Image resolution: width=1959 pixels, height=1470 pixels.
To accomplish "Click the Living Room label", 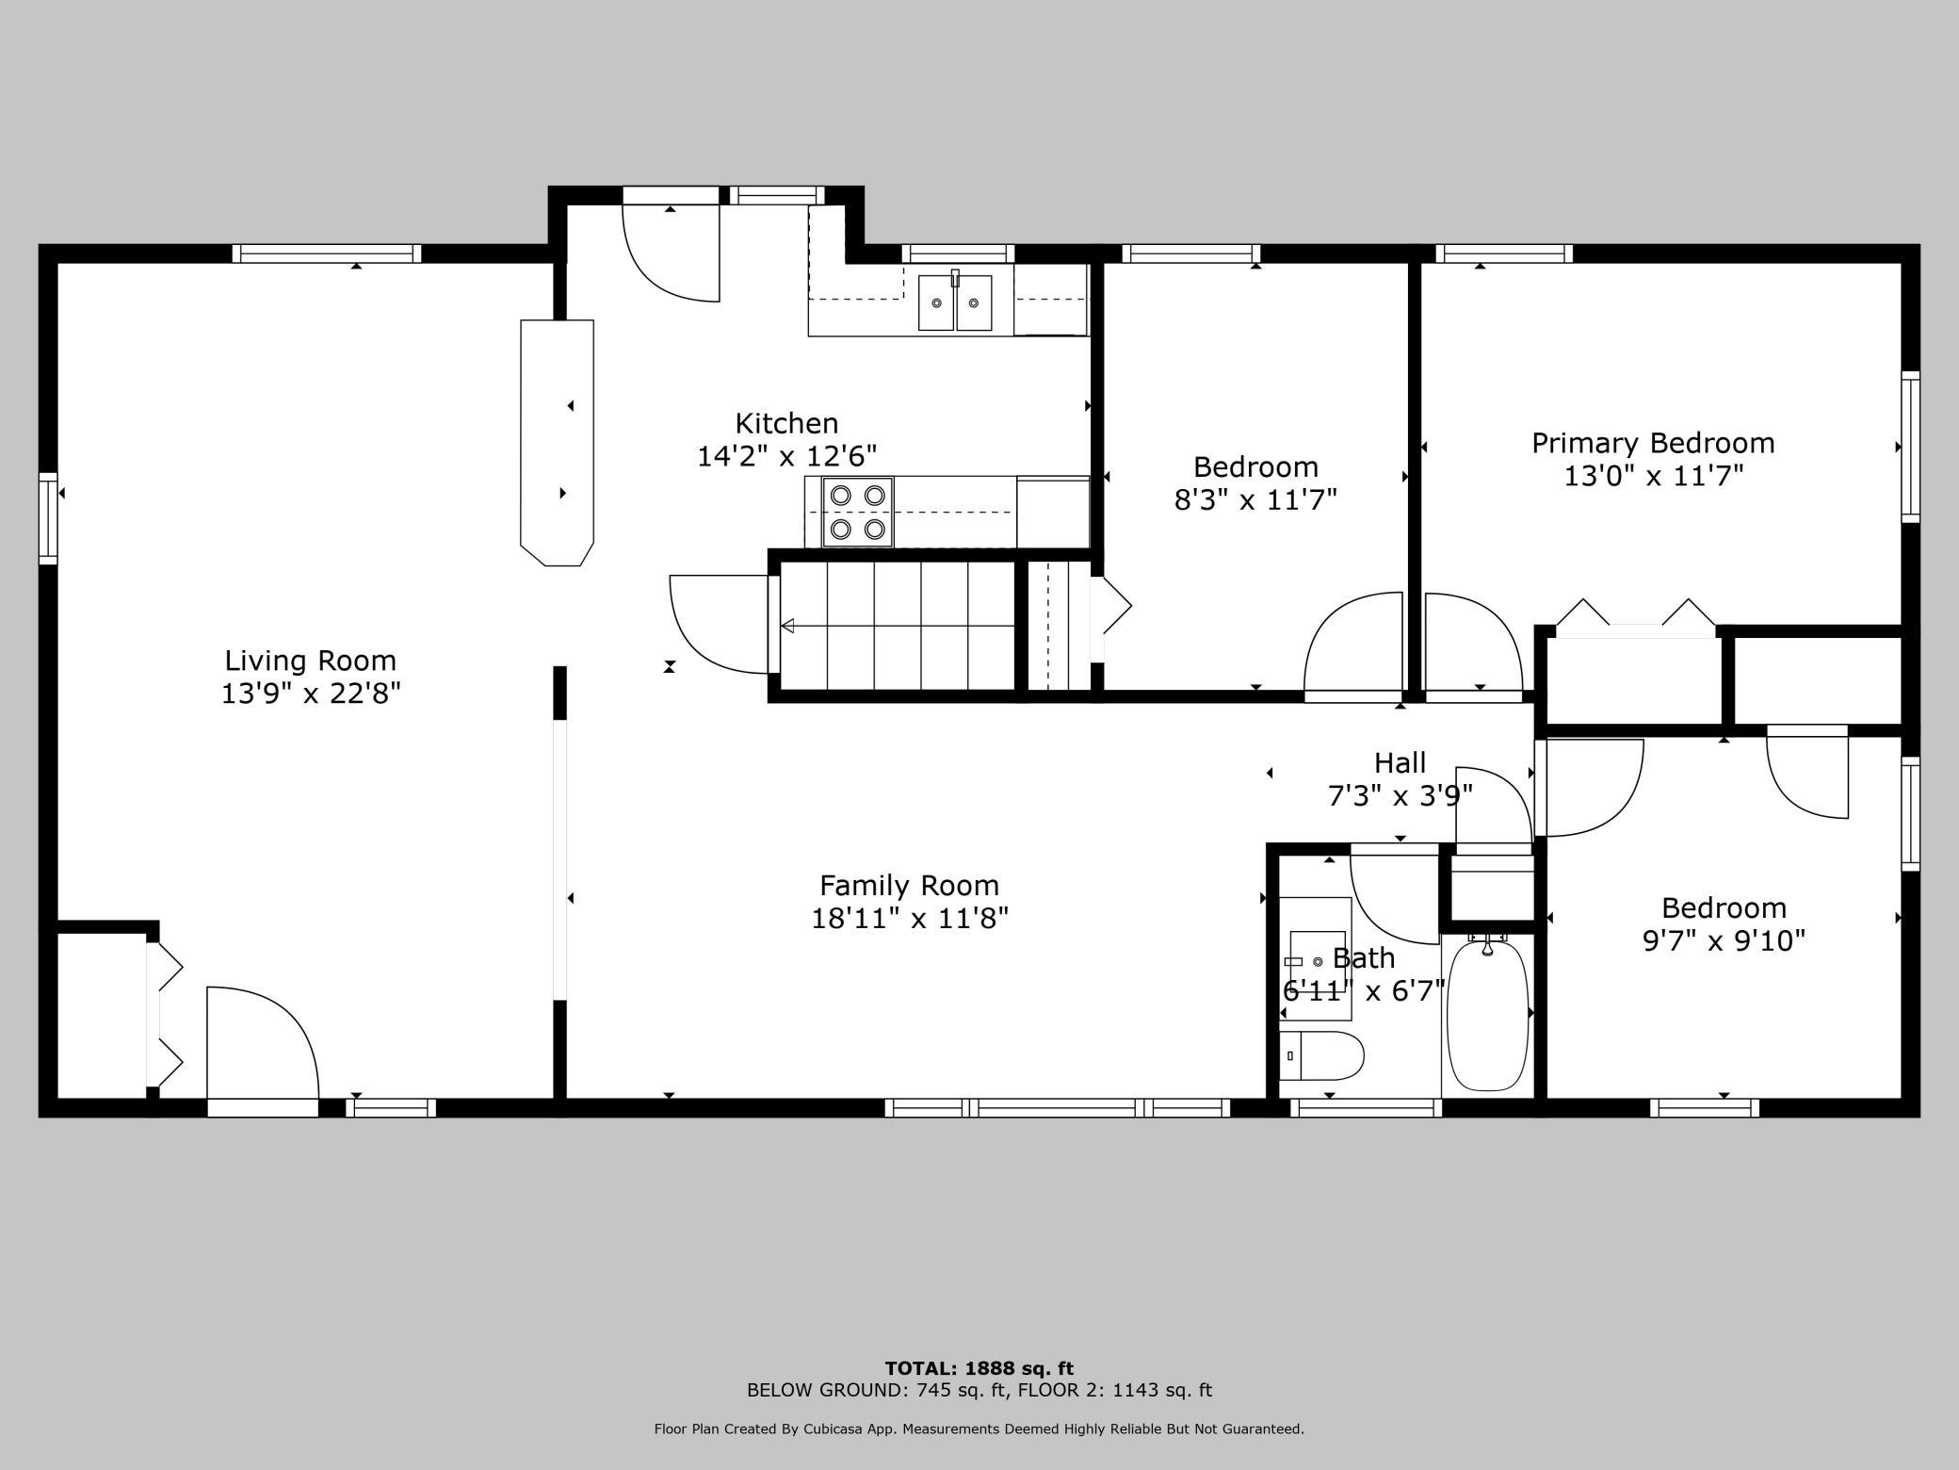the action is (x=310, y=660).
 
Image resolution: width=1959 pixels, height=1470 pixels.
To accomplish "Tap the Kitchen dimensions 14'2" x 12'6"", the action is (x=786, y=456).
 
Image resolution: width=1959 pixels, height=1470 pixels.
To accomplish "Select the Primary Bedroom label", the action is (x=1653, y=443).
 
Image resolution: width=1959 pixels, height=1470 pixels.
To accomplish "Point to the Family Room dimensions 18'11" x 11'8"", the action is (x=910, y=918).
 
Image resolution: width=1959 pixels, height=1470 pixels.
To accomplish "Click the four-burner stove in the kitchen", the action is (x=857, y=512).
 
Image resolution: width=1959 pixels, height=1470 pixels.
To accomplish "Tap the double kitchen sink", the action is (x=955, y=302).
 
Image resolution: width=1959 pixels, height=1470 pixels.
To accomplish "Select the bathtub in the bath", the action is (x=1487, y=1014).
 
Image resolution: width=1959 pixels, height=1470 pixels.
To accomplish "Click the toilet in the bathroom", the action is (x=1321, y=1055).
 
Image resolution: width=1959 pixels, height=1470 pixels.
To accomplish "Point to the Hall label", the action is (x=1400, y=762).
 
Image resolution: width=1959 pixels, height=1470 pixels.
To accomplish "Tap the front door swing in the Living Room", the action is (x=263, y=1042).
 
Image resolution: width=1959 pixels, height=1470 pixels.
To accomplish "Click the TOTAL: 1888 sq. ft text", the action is (x=979, y=1368).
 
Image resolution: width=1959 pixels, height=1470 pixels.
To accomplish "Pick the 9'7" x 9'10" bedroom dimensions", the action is (x=1724, y=940).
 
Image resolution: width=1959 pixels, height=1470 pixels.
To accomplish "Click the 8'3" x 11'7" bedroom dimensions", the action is (x=1255, y=499).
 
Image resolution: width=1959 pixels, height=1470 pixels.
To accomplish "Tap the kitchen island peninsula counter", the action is (x=558, y=443).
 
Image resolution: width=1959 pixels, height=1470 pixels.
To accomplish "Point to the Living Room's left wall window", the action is (x=48, y=518).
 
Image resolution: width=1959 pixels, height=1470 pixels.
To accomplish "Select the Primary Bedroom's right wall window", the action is (x=1910, y=447).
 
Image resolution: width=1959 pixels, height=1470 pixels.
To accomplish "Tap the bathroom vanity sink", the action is (x=1316, y=959).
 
